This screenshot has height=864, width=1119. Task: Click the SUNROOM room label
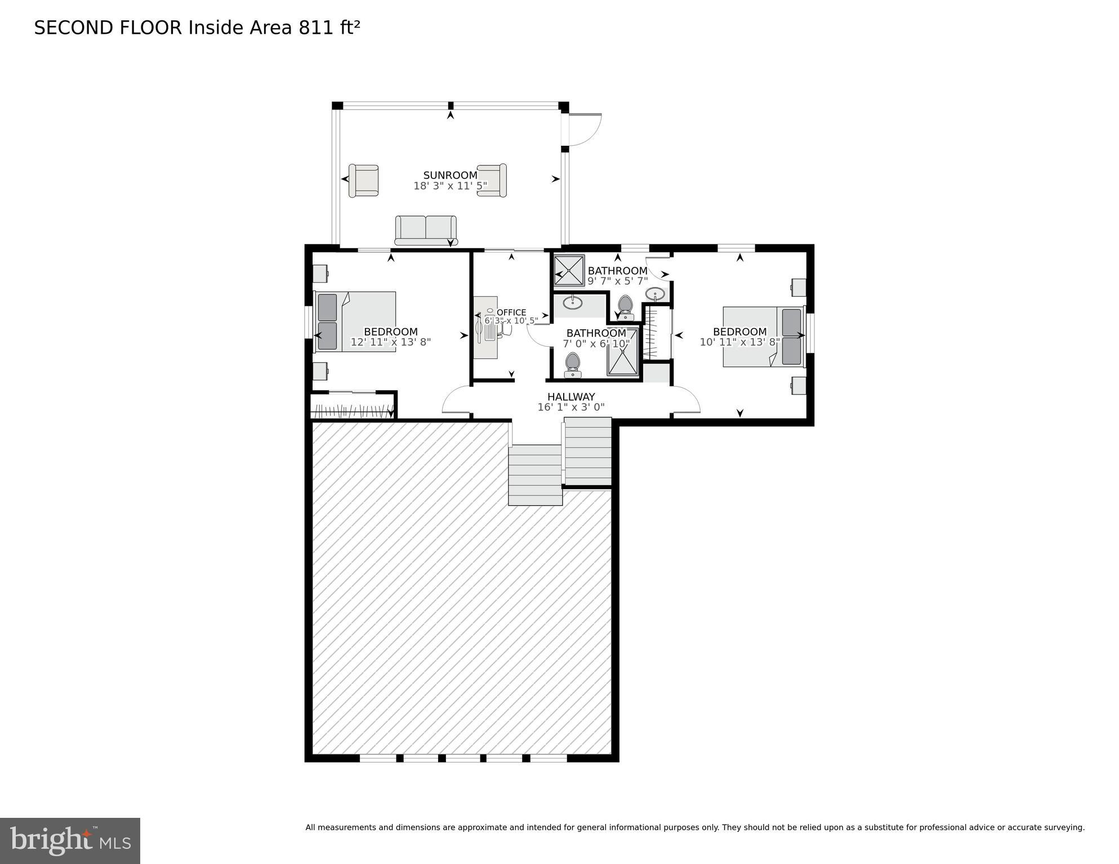450,176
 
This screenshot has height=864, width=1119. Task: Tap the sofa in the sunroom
426,230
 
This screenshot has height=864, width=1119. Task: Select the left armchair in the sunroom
363,181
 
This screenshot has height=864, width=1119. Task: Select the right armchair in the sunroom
492,180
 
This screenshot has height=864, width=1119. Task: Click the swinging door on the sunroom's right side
585,129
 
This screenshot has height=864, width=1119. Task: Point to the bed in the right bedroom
763,337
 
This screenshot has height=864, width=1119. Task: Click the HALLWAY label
570,397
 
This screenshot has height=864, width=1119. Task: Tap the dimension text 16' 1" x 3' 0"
570,407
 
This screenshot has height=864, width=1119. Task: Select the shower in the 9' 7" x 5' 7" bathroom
569,271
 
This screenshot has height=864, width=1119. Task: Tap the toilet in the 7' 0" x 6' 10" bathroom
573,365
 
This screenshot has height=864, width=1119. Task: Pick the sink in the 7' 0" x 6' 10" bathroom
573,302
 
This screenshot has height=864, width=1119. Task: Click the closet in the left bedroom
353,406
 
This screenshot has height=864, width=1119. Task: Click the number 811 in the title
316,28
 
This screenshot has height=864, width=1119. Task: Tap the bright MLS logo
70,840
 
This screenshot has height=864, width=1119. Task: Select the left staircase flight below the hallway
535,474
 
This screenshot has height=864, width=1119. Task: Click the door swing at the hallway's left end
455,401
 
